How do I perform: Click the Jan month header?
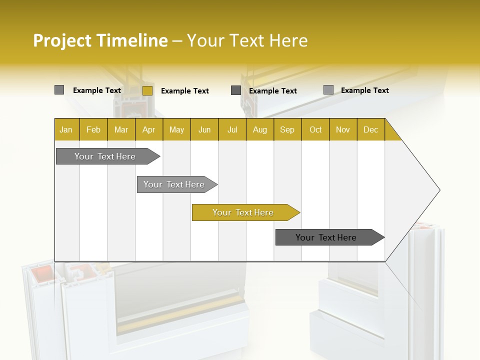pyautogui.click(x=66, y=129)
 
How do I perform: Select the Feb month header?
pyautogui.click(x=93, y=129)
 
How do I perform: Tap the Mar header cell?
pyautogui.click(x=121, y=129)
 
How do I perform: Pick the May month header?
pyautogui.click(x=176, y=129)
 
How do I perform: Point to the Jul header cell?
pyautogui.click(x=232, y=129)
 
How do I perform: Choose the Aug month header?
pyautogui.click(x=259, y=129)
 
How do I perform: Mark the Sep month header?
pyautogui.click(x=287, y=129)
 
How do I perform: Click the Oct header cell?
pyautogui.click(x=315, y=129)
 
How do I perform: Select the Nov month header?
pyautogui.click(x=343, y=129)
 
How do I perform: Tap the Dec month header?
pyautogui.click(x=370, y=129)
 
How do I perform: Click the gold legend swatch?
pyautogui.click(x=147, y=90)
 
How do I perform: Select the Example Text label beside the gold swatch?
pyautogui.click(x=185, y=91)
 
